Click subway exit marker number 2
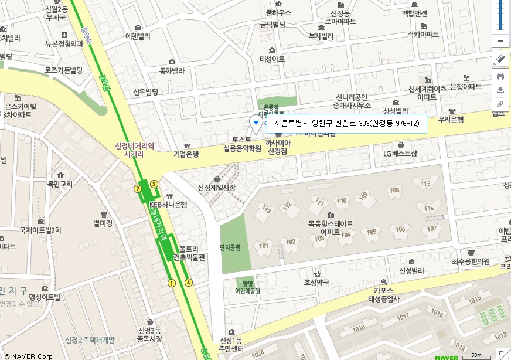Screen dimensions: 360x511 (x=138, y=188)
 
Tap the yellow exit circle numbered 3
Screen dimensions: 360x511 (x=154, y=184)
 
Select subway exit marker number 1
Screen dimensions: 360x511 (x=172, y=283)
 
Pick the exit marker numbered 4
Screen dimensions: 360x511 (x=189, y=282)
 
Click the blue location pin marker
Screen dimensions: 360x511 (x=255, y=123)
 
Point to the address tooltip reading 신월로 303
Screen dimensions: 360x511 (x=347, y=124)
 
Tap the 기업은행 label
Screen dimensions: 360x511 (x=186, y=154)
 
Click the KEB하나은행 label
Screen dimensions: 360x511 (x=168, y=204)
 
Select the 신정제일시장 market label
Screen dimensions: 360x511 (x=216, y=187)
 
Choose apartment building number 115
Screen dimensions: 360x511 (x=425, y=184)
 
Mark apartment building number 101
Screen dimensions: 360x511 (x=264, y=245)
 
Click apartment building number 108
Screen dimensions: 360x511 (x=395, y=190)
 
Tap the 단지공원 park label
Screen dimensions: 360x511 (x=230, y=247)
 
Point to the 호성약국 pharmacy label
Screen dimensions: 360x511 (x=317, y=281)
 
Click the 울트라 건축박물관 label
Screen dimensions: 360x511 (x=189, y=253)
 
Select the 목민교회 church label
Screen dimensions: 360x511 (x=60, y=184)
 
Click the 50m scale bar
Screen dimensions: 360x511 (x=476, y=355)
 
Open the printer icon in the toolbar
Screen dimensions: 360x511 (x=500, y=76)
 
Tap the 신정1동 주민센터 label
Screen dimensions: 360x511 (x=230, y=345)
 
